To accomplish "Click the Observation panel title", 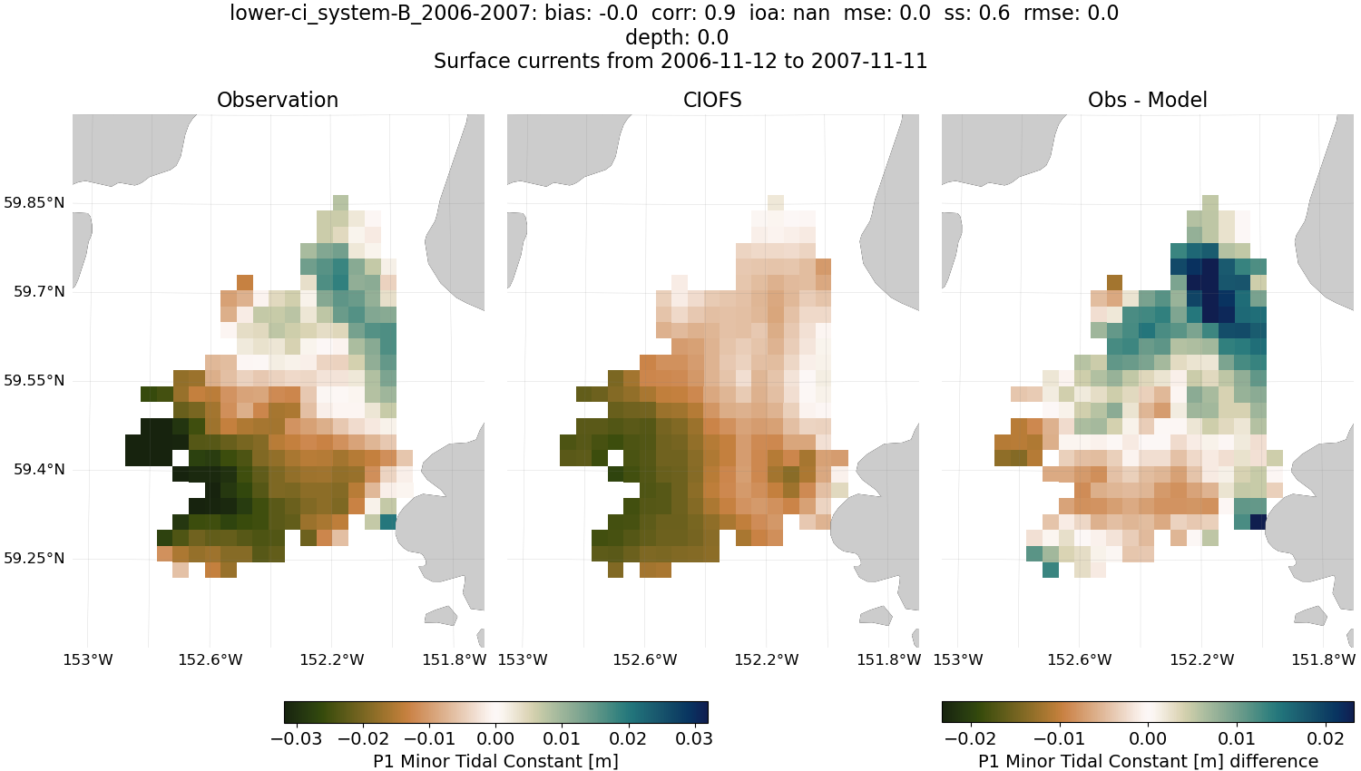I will click(x=278, y=101).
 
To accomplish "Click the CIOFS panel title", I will click(x=712, y=101).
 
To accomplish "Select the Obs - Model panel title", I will click(x=1147, y=101).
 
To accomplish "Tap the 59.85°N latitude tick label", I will click(x=34, y=202).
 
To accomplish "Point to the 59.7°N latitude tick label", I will click(x=39, y=292).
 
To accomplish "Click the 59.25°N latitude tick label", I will click(x=34, y=559).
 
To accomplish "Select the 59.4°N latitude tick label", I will click(x=39, y=470).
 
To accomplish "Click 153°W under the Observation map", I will click(x=88, y=660).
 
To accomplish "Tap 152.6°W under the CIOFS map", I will click(x=645, y=660).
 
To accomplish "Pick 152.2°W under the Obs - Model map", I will click(x=1202, y=660).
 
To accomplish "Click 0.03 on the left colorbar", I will click(x=694, y=738).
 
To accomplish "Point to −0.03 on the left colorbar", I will click(x=296, y=738).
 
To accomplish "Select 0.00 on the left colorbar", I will click(x=495, y=738).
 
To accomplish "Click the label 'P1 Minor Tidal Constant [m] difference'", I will click(x=1148, y=761).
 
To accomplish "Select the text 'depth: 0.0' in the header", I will click(x=676, y=38).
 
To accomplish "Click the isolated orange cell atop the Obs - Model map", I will click(x=1114, y=282).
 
